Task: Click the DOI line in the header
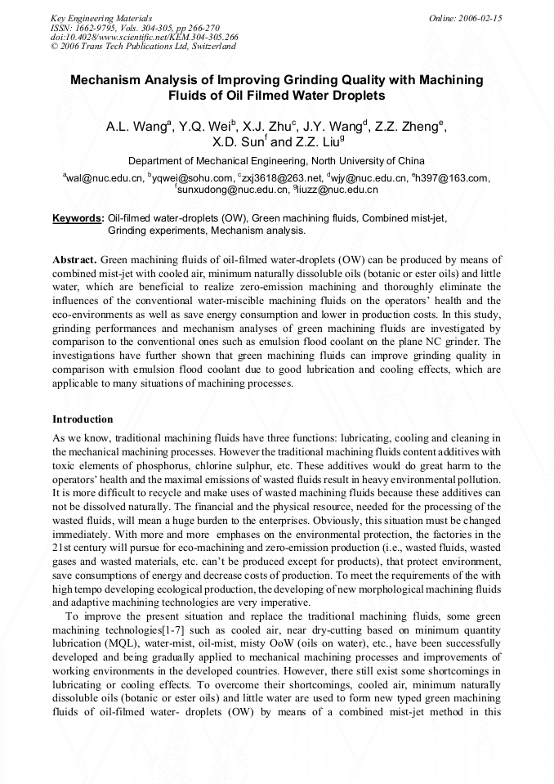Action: [145, 37]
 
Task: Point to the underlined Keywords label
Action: [78, 219]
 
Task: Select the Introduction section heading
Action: [83, 419]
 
